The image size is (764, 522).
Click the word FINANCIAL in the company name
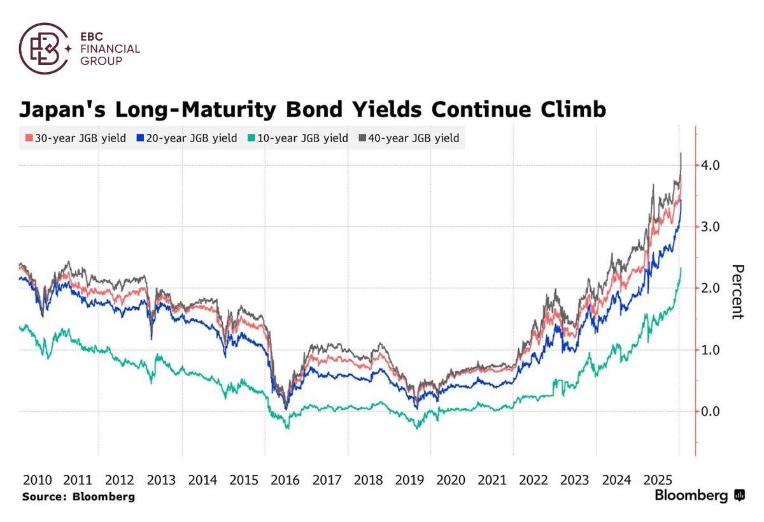pyautogui.click(x=110, y=48)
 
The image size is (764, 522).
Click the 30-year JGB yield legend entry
pyautogui.click(x=75, y=138)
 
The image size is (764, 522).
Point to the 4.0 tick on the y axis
pyautogui.click(x=710, y=165)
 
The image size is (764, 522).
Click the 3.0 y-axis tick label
pyautogui.click(x=710, y=227)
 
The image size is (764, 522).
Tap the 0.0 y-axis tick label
pyautogui.click(x=710, y=411)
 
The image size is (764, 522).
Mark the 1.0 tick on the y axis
pyautogui.click(x=710, y=350)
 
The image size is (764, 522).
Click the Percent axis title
pyautogui.click(x=737, y=291)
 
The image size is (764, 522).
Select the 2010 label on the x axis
pyautogui.click(x=36, y=479)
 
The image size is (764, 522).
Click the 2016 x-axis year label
pyautogui.click(x=285, y=479)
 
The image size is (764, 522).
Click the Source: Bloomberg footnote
pyautogui.click(x=78, y=497)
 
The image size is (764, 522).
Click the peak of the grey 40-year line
pyautogui.click(x=681, y=154)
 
